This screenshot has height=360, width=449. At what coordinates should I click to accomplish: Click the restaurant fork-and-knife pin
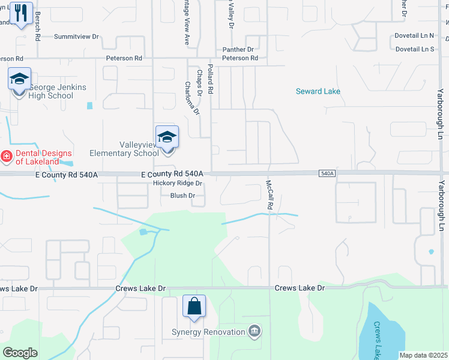pyautogui.click(x=22, y=13)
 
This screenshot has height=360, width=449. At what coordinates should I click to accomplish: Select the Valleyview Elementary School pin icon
pyautogui.click(x=167, y=137)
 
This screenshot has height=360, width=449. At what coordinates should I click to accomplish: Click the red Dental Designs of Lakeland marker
pyautogui.click(x=6, y=157)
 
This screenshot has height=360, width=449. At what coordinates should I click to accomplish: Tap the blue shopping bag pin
pyautogui.click(x=194, y=307)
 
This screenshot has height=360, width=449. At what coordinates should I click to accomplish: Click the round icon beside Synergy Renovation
pyautogui.click(x=255, y=332)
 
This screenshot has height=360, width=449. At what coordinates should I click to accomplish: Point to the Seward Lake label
pyautogui.click(x=318, y=92)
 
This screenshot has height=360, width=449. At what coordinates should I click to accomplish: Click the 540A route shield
pyautogui.click(x=326, y=173)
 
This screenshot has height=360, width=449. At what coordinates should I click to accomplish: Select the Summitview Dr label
pyautogui.click(x=76, y=37)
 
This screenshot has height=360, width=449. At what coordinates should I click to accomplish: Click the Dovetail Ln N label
pyautogui.click(x=414, y=35)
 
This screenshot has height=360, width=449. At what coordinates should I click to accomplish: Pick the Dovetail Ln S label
pyautogui.click(x=414, y=49)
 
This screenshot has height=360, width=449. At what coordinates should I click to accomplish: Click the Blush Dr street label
pyautogui.click(x=182, y=196)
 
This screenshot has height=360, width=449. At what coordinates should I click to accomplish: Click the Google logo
pyautogui.click(x=20, y=353)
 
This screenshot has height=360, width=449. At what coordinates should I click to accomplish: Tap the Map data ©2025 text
pyautogui.click(x=423, y=355)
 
